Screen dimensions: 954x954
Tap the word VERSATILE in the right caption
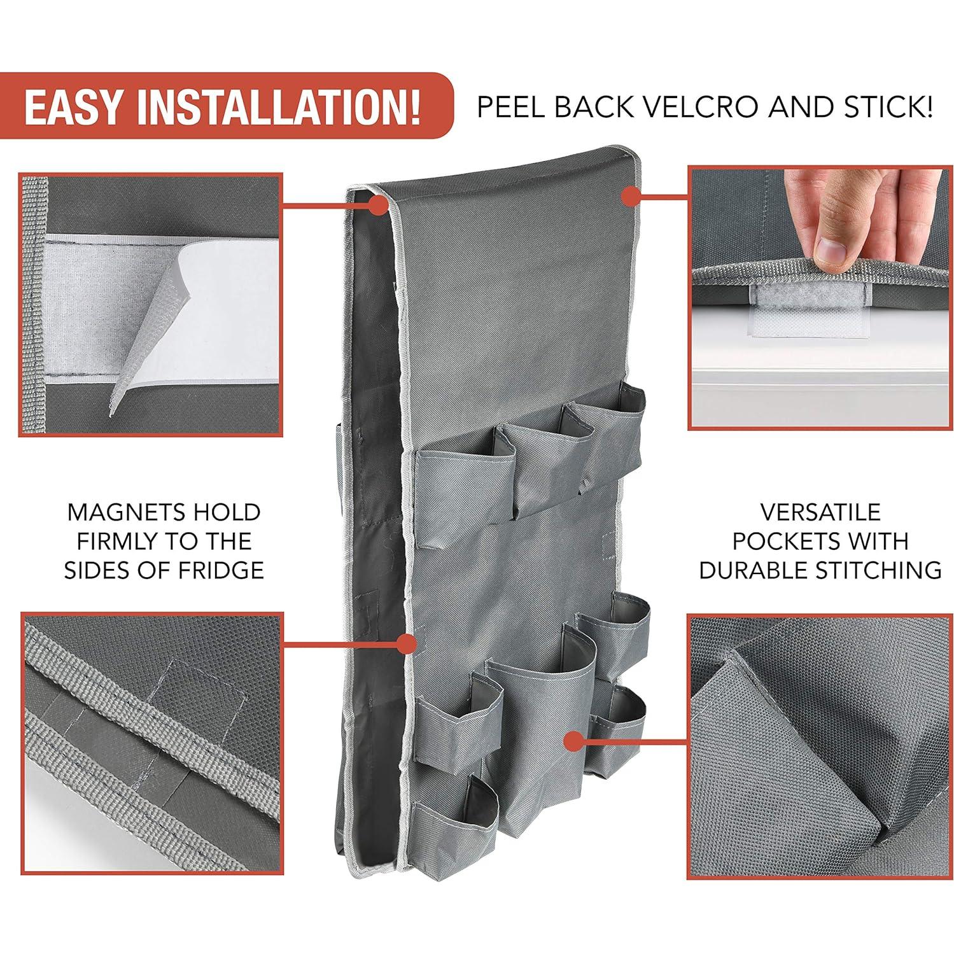[x=820, y=512]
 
